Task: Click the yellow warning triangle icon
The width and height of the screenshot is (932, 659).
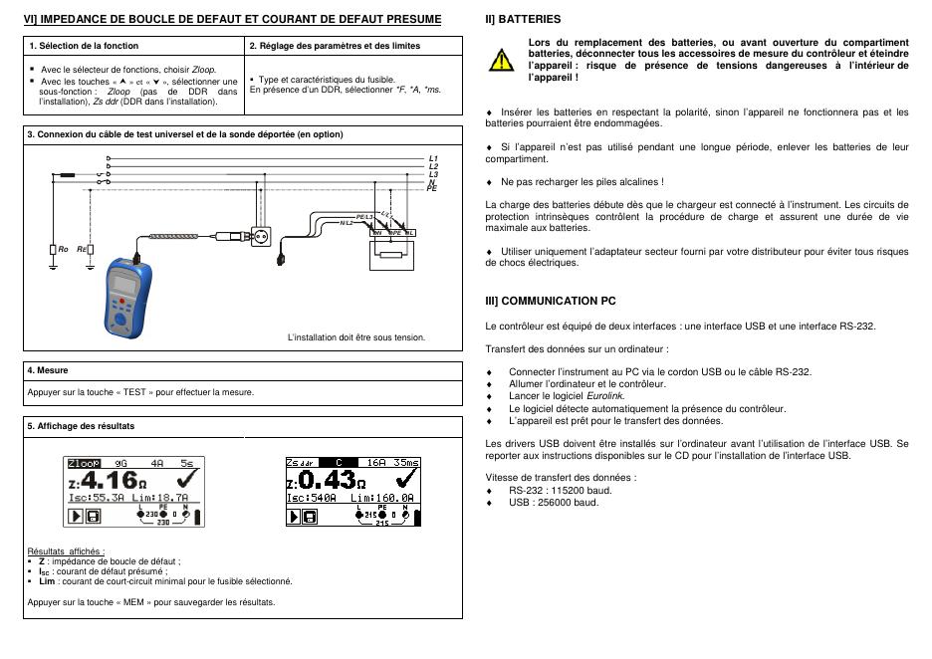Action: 502,60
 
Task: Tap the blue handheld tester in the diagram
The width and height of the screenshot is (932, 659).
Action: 126,294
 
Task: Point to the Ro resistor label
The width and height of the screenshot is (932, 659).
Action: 62,249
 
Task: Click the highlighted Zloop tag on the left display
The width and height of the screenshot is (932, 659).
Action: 84,463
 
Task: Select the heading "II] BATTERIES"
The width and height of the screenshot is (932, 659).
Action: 523,19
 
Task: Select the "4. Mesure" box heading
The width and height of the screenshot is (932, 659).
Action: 48,370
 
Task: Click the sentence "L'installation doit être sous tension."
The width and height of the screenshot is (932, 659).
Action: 355,336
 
